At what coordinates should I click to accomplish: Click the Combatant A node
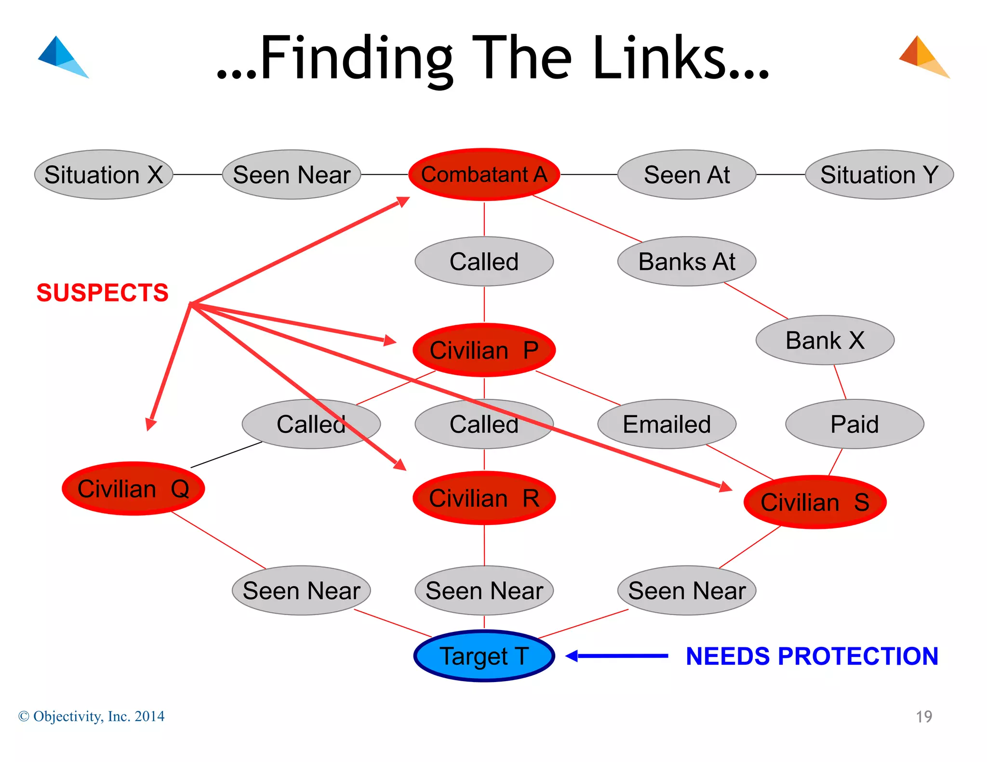pos(484,174)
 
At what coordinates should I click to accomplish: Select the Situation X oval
pos(104,174)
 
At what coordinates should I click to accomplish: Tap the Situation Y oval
pos(879,174)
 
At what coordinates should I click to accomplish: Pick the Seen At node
pos(686,174)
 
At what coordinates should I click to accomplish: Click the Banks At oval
pos(686,262)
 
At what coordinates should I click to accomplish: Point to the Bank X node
pos(825,340)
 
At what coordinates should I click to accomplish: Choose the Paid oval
pos(854,424)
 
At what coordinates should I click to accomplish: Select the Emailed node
pos(667,424)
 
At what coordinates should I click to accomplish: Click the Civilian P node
pos(484,350)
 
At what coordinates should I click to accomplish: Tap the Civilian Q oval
pos(133,488)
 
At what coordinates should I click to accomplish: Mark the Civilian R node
pos(484,498)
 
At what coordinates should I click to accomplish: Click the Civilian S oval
pos(815,502)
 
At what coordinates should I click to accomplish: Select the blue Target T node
pos(484,656)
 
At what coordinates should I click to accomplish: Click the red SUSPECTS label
pos(103,293)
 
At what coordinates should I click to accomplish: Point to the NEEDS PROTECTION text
pos(812,656)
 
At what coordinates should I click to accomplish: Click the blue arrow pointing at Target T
pos(617,656)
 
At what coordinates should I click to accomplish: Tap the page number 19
pos(923,717)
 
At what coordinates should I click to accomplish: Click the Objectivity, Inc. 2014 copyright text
pos(92,716)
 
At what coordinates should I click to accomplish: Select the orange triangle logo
pos(923,57)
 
